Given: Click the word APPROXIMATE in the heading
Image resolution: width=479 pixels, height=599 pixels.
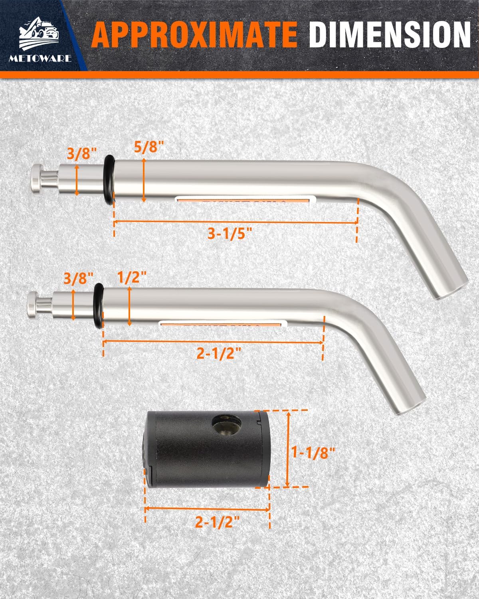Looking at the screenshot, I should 194,35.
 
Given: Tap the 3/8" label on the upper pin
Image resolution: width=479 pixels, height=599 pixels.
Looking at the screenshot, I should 82,154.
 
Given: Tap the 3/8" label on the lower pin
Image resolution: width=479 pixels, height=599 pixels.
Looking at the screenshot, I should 78,278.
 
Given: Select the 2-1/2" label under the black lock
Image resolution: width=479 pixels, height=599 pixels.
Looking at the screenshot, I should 218,522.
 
